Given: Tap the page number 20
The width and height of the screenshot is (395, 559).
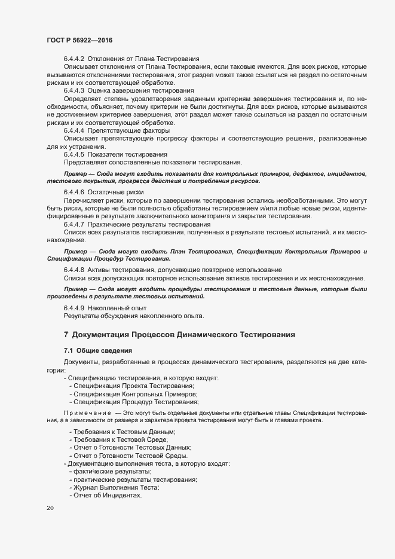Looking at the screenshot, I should pos(50,508).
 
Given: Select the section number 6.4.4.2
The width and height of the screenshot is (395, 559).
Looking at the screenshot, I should pos(74,59).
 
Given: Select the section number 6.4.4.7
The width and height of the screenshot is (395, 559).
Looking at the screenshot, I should pos(74,224).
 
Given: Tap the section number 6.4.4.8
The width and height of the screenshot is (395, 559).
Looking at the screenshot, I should pos(74,270).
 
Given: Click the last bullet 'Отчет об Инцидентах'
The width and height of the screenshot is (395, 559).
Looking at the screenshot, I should pos(108,496).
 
